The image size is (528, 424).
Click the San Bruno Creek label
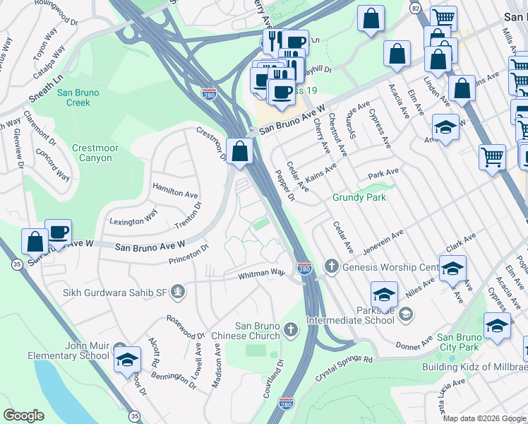[73, 98]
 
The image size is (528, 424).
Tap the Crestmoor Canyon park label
[92, 153]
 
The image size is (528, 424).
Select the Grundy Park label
[359, 198]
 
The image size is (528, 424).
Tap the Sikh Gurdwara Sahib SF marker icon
[179, 290]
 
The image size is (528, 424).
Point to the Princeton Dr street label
[188, 255]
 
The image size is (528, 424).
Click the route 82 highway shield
[415, 8]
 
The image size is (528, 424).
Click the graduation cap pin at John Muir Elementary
[127, 361]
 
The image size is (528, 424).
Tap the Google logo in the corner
[23, 416]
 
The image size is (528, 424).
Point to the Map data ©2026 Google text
[484, 418]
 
